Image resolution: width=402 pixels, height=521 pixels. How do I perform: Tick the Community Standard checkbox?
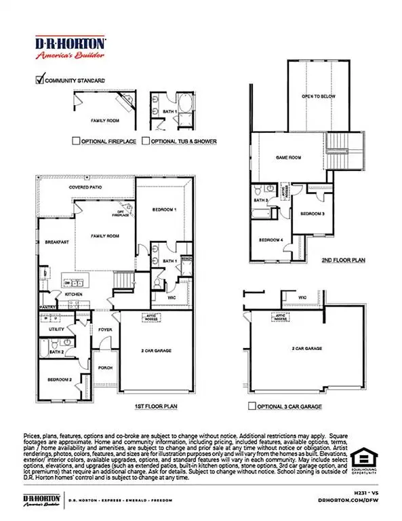pyautogui.click(x=39, y=80)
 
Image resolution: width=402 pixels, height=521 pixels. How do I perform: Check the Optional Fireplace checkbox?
pyautogui.click(x=76, y=141)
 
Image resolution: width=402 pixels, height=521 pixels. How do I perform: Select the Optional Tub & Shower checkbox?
pyautogui.click(x=145, y=141)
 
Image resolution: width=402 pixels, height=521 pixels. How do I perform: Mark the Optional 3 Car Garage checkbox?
pyautogui.click(x=251, y=407)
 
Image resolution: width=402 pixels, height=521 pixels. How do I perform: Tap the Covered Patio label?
pyautogui.click(x=84, y=187)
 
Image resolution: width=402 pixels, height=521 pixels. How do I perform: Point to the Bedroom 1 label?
pyautogui.click(x=164, y=210)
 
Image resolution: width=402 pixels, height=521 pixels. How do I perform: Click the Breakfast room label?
pyautogui.click(x=54, y=242)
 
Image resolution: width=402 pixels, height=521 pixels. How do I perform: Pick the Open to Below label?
pyautogui.click(x=319, y=97)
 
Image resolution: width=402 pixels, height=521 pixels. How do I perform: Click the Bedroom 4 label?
pyautogui.click(x=270, y=239)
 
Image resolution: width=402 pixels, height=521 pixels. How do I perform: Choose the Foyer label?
pyautogui.click(x=105, y=330)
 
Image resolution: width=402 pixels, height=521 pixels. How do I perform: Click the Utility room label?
pyautogui.click(x=57, y=328)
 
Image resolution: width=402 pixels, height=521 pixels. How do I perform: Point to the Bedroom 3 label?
pyautogui.click(x=313, y=214)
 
